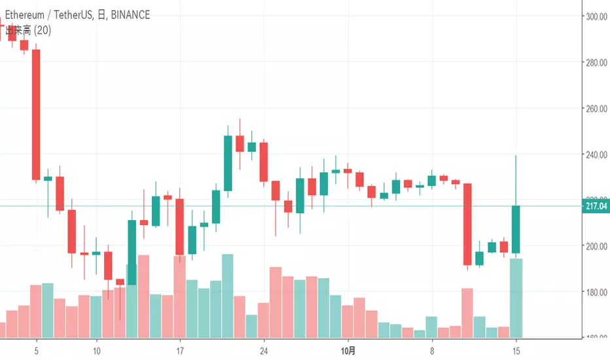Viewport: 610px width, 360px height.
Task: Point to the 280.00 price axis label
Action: pyautogui.click(x=596, y=63)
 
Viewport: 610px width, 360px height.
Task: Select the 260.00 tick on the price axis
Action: pyautogui.click(x=596, y=109)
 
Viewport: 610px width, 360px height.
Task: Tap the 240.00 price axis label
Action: pyautogui.click(x=596, y=155)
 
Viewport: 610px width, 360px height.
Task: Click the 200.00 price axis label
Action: pyautogui.click(x=596, y=247)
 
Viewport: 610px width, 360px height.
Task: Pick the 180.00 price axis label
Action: pyautogui.click(x=596, y=293)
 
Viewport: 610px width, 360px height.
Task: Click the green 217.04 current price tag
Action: pyautogui.click(x=596, y=206)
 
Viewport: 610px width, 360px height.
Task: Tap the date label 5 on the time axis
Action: pyautogui.click(x=37, y=350)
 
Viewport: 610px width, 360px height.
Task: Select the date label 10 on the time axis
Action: pyautogui.click(x=96, y=350)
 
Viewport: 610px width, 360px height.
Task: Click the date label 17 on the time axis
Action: pyautogui.click(x=180, y=350)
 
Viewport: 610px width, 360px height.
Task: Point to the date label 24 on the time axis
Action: pyautogui.click(x=264, y=350)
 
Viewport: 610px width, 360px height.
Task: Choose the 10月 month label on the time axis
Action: pyautogui.click(x=349, y=350)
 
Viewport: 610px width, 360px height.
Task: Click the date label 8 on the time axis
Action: pyautogui.click(x=432, y=350)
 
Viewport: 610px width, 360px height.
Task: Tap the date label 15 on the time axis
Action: pyautogui.click(x=516, y=350)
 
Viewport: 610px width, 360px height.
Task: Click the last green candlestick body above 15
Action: pyautogui.click(x=516, y=230)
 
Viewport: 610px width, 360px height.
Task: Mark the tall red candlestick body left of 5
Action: pyautogui.click(x=36, y=115)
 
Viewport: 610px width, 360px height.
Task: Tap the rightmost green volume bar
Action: pyautogui.click(x=516, y=298)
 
